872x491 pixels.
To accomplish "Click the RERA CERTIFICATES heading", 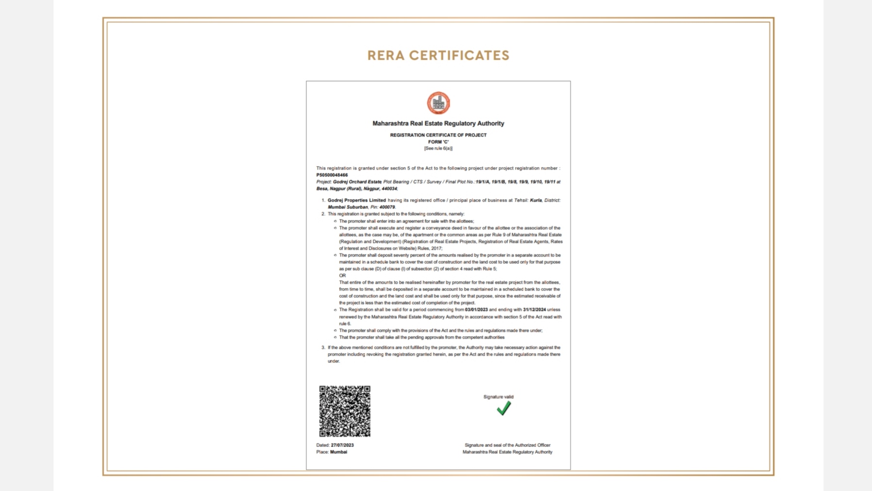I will (x=438, y=55).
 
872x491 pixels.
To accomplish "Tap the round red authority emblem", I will (x=438, y=103).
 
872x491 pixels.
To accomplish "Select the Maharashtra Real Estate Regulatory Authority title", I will (x=438, y=123).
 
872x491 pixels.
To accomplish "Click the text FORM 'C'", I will (x=438, y=142).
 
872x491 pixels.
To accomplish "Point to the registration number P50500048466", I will (x=332, y=175).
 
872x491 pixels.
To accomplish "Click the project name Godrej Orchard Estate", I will (x=357, y=182).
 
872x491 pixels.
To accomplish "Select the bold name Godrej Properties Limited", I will (x=356, y=200).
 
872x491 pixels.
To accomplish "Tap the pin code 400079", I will (x=387, y=207).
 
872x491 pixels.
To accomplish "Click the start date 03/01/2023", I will (x=476, y=309).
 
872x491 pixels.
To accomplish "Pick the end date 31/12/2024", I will (x=534, y=309).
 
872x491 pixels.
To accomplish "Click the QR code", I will (x=345, y=411).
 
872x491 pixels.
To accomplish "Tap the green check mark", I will (x=503, y=408).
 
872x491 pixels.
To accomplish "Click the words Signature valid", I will (x=498, y=397).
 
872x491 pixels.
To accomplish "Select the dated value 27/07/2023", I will (x=342, y=445).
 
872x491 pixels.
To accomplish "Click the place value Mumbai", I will (x=338, y=452).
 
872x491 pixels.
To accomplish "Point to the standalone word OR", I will (x=342, y=275).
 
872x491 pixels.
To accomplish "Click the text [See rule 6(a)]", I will (x=438, y=148).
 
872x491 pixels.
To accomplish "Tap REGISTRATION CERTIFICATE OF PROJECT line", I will (x=438, y=135).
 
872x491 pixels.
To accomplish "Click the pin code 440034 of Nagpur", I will (x=389, y=188).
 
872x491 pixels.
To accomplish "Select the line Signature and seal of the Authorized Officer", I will (x=507, y=445).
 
